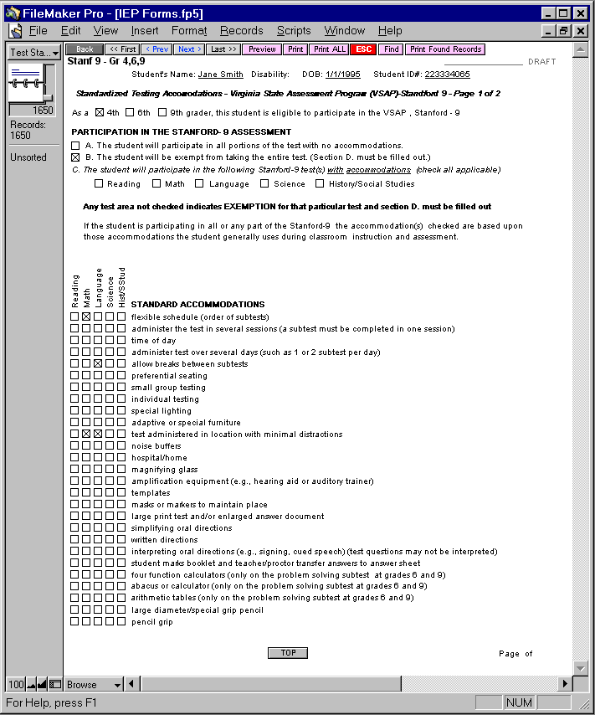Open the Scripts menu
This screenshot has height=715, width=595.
294,31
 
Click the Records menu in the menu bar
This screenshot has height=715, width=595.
242,31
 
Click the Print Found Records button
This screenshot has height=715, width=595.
445,49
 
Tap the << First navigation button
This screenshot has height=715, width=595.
123,49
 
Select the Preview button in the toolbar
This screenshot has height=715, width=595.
262,49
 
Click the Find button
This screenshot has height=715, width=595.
391,49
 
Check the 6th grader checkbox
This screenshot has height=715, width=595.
131,112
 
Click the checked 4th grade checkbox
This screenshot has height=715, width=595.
100,112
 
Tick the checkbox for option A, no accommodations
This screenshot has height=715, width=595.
76,146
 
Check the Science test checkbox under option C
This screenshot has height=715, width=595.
264,183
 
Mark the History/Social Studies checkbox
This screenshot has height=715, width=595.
320,183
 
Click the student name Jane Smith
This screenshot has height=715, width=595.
220,75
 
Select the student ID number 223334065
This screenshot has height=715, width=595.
447,75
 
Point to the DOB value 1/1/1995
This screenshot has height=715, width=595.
342,75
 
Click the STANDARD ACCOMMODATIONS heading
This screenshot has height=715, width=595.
197,304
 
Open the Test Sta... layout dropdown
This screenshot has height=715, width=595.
33,52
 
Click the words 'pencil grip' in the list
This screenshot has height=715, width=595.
151,622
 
